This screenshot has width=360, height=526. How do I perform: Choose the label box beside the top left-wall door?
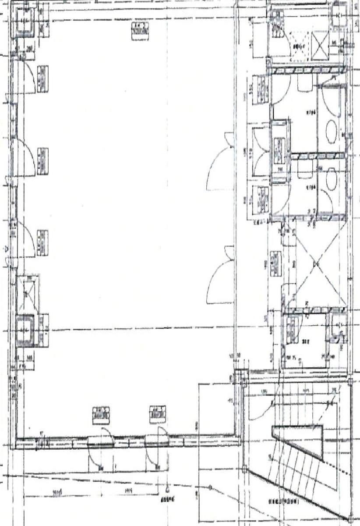[43, 79]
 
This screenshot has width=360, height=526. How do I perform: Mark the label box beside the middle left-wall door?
[43, 161]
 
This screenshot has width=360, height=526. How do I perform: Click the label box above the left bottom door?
[101, 415]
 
